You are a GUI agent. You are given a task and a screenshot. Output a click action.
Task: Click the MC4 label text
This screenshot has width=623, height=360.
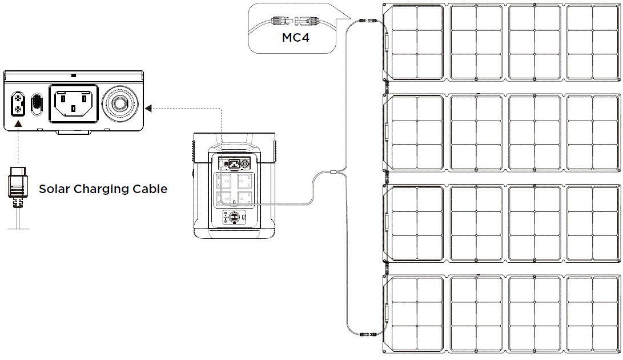(296, 38)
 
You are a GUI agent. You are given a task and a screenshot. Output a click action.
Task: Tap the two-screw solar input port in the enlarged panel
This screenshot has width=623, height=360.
(18, 103)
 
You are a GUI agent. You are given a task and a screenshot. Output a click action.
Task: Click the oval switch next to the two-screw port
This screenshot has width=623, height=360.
(37, 104)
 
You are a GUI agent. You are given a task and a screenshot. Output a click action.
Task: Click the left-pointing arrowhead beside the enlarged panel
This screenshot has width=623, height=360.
(148, 107)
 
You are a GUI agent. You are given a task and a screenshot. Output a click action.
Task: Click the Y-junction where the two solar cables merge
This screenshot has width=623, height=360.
(334, 172)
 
